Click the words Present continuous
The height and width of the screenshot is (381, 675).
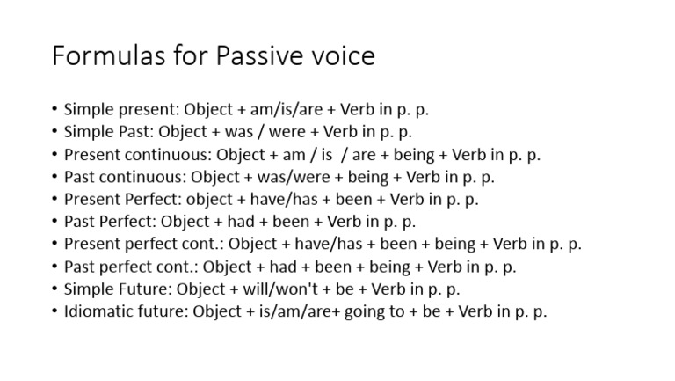(x=118, y=155)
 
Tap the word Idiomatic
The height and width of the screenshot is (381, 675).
(x=98, y=311)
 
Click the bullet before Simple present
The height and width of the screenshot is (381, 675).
(x=54, y=110)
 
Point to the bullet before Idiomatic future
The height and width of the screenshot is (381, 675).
(x=54, y=311)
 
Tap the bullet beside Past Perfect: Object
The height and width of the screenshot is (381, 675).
(x=54, y=222)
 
